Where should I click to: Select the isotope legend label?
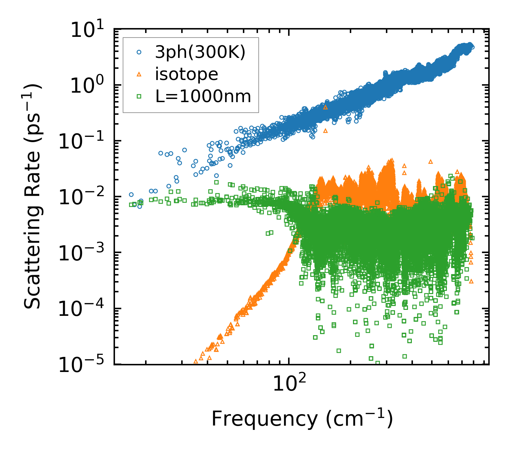(x=186, y=74)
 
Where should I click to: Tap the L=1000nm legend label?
(x=203, y=96)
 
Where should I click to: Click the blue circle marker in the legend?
(x=139, y=52)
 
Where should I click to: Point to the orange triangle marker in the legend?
(x=139, y=74)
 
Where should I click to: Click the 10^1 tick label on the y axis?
(x=89, y=30)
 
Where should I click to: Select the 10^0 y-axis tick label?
(x=89, y=86)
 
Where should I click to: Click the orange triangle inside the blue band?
(x=325, y=107)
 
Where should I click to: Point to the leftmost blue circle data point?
(x=131, y=194)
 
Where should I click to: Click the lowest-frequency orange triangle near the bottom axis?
(x=196, y=361)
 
